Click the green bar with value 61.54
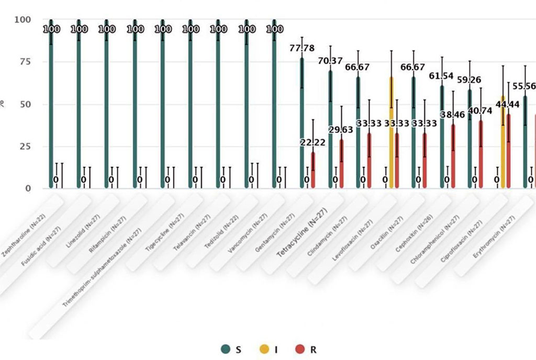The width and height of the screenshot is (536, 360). [442, 137]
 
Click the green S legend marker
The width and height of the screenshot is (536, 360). [226, 349]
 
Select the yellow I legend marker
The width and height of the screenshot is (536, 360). [264, 349]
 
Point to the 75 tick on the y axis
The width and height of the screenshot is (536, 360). [25, 62]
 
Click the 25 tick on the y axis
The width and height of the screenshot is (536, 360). [25, 146]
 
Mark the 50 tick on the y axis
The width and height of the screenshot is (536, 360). [25, 104]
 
